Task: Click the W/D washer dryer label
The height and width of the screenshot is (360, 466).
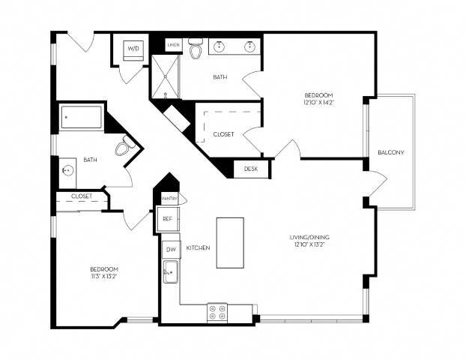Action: (x=134, y=49)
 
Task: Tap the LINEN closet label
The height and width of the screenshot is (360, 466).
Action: (x=173, y=43)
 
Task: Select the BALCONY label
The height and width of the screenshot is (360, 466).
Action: (x=391, y=153)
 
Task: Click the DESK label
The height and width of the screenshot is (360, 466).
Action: (x=251, y=169)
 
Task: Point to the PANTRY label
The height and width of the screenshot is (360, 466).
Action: (x=168, y=199)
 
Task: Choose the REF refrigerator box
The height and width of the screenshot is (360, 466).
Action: (x=168, y=219)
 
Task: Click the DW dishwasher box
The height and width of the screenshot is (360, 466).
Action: (x=170, y=248)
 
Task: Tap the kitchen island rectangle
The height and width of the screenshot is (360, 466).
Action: (x=230, y=242)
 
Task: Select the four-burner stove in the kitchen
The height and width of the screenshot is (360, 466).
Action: (x=217, y=311)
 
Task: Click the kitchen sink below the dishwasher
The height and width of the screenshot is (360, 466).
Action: (x=170, y=271)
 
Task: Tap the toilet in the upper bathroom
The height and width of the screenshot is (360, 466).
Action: (x=196, y=50)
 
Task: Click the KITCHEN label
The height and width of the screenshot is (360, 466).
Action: (x=198, y=248)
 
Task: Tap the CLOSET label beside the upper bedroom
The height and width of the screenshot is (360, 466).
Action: (x=223, y=134)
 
